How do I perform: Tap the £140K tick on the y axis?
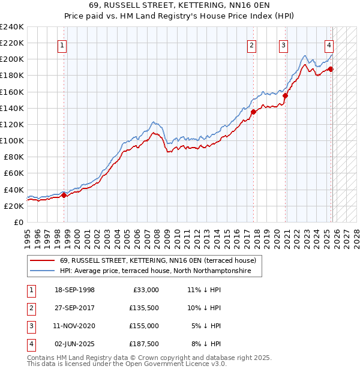pyautogui.click(x=12, y=108)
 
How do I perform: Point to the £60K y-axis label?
pyautogui.click(x=13, y=173)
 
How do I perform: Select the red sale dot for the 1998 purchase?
pyautogui.click(x=64, y=194)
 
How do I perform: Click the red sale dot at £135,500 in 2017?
pyautogui.click(x=253, y=112)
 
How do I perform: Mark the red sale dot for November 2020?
pyautogui.click(x=286, y=95)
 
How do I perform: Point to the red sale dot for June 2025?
pyautogui.click(x=331, y=69)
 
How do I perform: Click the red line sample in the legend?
pyautogui.click(x=42, y=260)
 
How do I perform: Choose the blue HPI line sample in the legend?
pyautogui.click(x=42, y=271)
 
